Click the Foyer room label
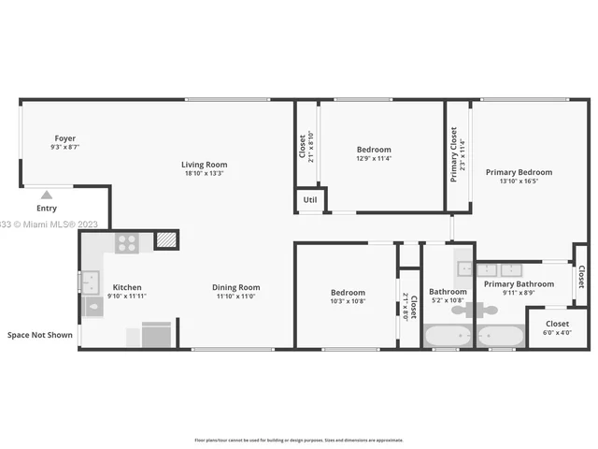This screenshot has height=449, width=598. point(64,138)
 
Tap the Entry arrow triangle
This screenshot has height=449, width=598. point(46,196)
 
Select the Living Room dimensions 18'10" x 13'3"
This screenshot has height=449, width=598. point(203,173)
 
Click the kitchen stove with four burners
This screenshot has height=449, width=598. point(128,243)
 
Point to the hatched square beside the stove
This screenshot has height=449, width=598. point(165,240)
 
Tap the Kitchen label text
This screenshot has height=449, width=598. point(127,287)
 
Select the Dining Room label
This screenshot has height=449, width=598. point(235,287)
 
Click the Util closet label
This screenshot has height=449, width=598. point(309,200)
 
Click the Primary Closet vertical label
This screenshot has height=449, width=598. point(454,155)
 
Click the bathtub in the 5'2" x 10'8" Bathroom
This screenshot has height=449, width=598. point(448,336)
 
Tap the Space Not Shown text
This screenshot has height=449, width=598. point(39,334)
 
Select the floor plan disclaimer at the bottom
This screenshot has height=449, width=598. point(298,440)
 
